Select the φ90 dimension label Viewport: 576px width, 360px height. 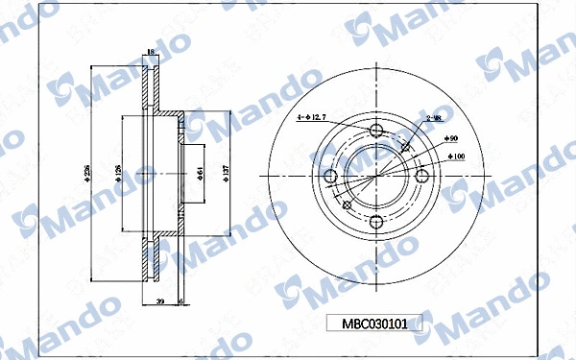(452, 139)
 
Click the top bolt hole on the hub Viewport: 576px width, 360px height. (376, 131)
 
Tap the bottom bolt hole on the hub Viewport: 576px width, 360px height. (376, 221)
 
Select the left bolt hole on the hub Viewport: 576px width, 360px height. (331, 176)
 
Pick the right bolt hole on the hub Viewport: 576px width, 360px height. (421, 176)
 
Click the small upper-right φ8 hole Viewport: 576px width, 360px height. (407, 147)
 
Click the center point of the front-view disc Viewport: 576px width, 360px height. (376, 176)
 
